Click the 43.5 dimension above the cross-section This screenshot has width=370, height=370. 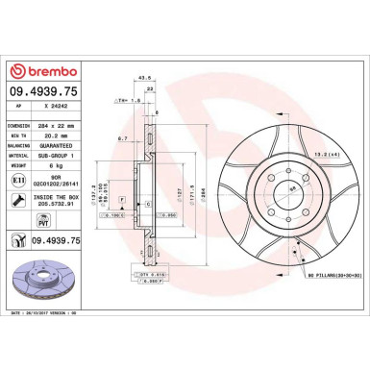click(145, 78)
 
